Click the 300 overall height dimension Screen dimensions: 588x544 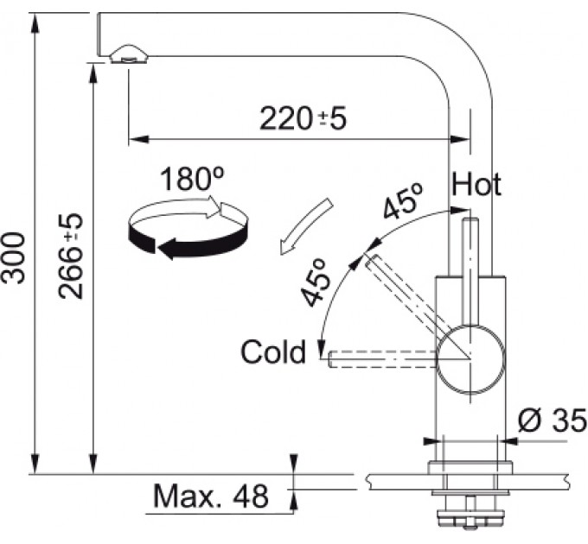pos(14,257)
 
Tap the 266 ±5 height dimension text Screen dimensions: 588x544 pos(70,256)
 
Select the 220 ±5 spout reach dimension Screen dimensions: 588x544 pos(303,118)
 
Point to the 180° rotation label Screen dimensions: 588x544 pos(192,179)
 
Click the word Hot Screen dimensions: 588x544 pos(476,184)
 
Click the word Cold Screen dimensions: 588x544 pos(273,351)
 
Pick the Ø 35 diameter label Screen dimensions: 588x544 pos(552,420)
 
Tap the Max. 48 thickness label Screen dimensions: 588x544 pos(211,497)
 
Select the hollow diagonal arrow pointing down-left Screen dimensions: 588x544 pos(305,227)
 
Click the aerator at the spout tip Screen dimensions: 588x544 pos(129,55)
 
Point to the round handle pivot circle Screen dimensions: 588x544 pos(471,360)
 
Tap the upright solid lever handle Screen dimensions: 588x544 pos(471,271)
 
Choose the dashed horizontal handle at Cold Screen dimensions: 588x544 pos(382,359)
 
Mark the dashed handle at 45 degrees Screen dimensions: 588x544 pos(406,296)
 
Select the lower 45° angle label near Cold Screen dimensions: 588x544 pos(314,282)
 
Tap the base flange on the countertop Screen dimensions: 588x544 pos(470,468)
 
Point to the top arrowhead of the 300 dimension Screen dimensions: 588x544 pos(35,23)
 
